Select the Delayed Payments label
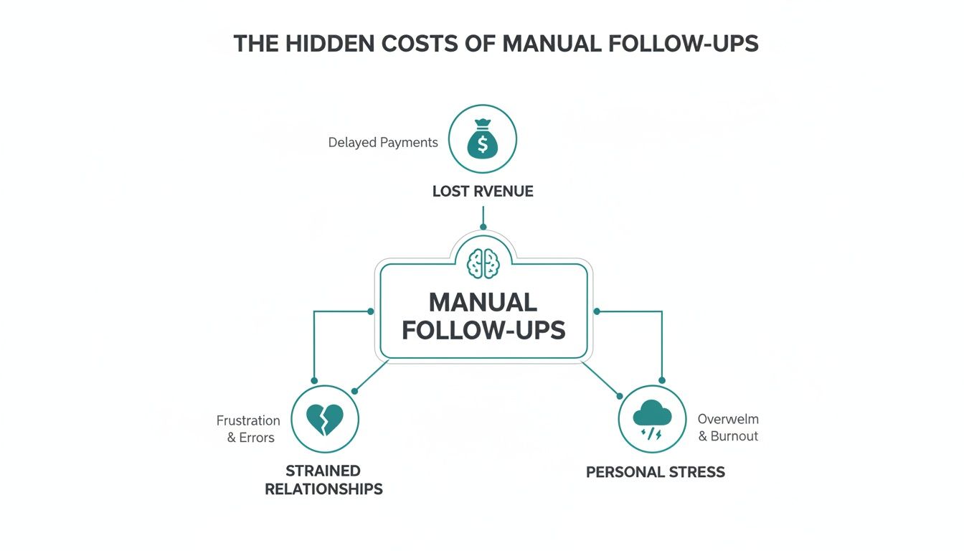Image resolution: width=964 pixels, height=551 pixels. click(x=383, y=143)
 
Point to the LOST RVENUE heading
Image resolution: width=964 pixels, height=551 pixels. click(x=483, y=192)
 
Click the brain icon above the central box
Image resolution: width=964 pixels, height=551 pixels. click(x=482, y=263)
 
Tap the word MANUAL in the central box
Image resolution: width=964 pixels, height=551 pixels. click(x=482, y=302)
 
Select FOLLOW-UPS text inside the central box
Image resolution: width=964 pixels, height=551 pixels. click(x=483, y=331)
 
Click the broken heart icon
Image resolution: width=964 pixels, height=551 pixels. click(x=324, y=419)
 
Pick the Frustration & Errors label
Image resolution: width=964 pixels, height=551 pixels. click(x=249, y=428)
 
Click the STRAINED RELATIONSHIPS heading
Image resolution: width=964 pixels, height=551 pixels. click(x=323, y=480)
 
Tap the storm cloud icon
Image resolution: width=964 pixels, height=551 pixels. click(x=653, y=419)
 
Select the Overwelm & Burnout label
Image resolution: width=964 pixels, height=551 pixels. click(x=727, y=428)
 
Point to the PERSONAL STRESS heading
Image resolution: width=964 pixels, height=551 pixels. click(x=655, y=472)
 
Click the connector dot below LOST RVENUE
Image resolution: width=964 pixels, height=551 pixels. click(x=483, y=227)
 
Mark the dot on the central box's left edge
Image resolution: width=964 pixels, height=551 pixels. click(x=370, y=311)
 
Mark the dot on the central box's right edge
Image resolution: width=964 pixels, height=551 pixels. click(x=596, y=311)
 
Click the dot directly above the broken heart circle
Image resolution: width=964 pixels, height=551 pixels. click(x=313, y=380)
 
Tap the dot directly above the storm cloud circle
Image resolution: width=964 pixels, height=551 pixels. click(x=661, y=380)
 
